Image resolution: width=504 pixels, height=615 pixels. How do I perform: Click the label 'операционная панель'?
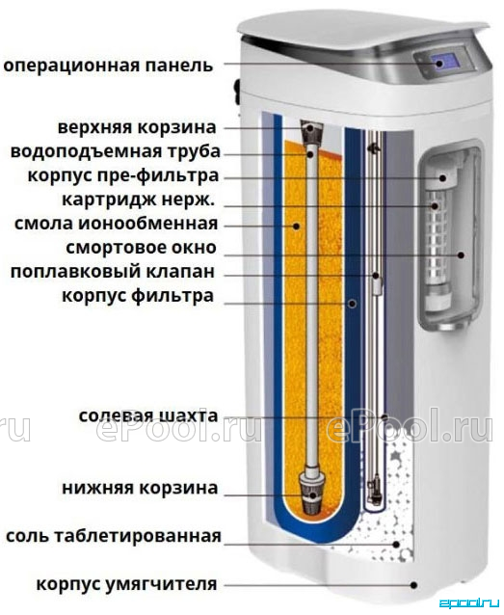(x=108, y=66)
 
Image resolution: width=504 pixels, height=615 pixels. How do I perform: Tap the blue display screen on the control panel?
(x=446, y=62)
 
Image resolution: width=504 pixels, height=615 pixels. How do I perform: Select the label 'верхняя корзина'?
(x=137, y=127)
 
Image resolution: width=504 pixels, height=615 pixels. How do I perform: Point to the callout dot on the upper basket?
(x=310, y=127)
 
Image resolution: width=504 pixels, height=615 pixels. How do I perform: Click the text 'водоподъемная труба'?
(x=116, y=151)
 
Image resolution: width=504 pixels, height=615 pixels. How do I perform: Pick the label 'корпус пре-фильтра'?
(x=122, y=175)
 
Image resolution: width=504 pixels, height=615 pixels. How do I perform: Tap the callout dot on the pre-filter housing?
(x=443, y=178)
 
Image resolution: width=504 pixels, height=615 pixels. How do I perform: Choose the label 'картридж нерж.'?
(x=139, y=201)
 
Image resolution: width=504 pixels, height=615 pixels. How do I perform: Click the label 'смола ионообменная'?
(x=116, y=224)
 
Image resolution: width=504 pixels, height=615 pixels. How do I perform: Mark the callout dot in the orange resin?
(x=297, y=226)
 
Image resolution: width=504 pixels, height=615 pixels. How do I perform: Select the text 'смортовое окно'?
(x=142, y=248)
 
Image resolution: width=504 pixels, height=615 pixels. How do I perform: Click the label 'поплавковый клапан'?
(x=113, y=272)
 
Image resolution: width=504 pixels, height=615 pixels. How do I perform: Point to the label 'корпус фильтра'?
(x=138, y=296)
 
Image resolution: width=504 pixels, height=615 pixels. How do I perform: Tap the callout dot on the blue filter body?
(x=353, y=303)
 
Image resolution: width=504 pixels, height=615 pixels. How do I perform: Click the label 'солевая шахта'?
(x=148, y=416)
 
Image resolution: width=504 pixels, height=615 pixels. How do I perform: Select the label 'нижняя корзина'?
(x=140, y=489)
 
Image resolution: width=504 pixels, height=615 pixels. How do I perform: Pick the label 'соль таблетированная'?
(x=114, y=536)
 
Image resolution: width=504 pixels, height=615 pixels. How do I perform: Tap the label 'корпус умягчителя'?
(x=126, y=584)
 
